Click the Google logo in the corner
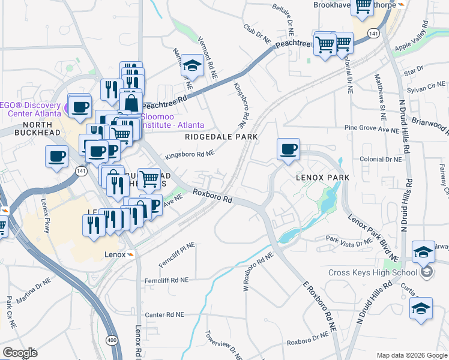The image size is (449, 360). point(20,353)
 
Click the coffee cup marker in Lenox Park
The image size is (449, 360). point(288,149)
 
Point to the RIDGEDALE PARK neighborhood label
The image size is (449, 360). point(221,137)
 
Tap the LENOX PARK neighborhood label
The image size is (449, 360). point(322,178)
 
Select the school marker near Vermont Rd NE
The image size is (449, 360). point(193,66)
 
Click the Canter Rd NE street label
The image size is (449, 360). point(163,314)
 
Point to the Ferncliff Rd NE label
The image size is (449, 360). point(166,280)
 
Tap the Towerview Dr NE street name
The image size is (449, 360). point(223,345)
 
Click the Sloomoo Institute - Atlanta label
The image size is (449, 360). point(172,121)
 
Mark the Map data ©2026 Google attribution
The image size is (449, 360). point(411,355)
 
